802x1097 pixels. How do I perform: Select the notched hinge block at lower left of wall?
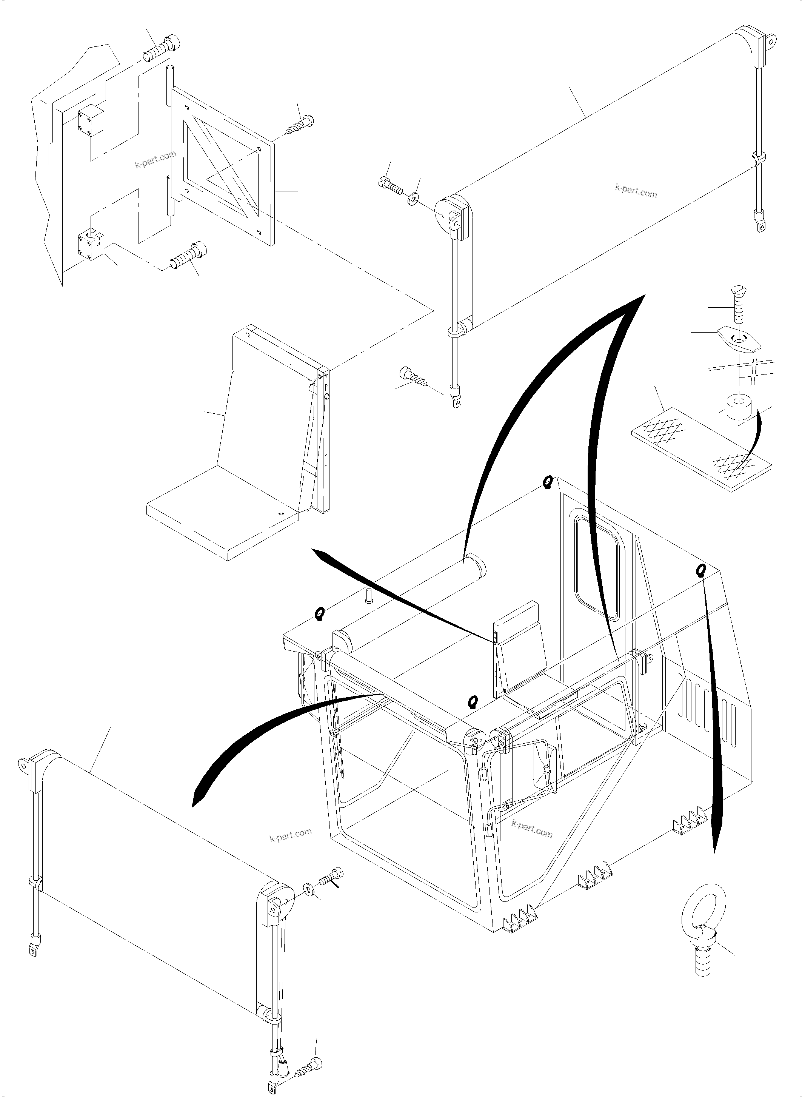92,246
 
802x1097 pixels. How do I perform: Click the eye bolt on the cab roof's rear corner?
547,482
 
